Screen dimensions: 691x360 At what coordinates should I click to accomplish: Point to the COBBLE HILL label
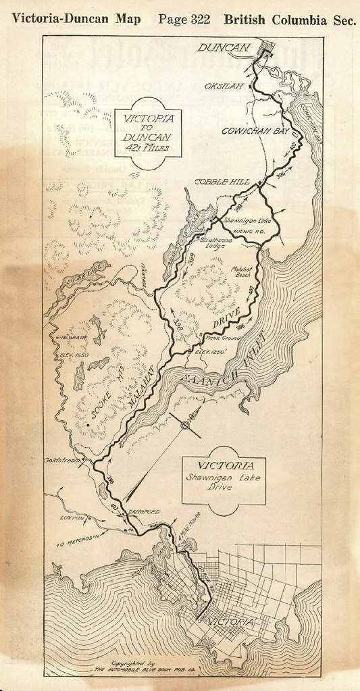pos(222,182)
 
